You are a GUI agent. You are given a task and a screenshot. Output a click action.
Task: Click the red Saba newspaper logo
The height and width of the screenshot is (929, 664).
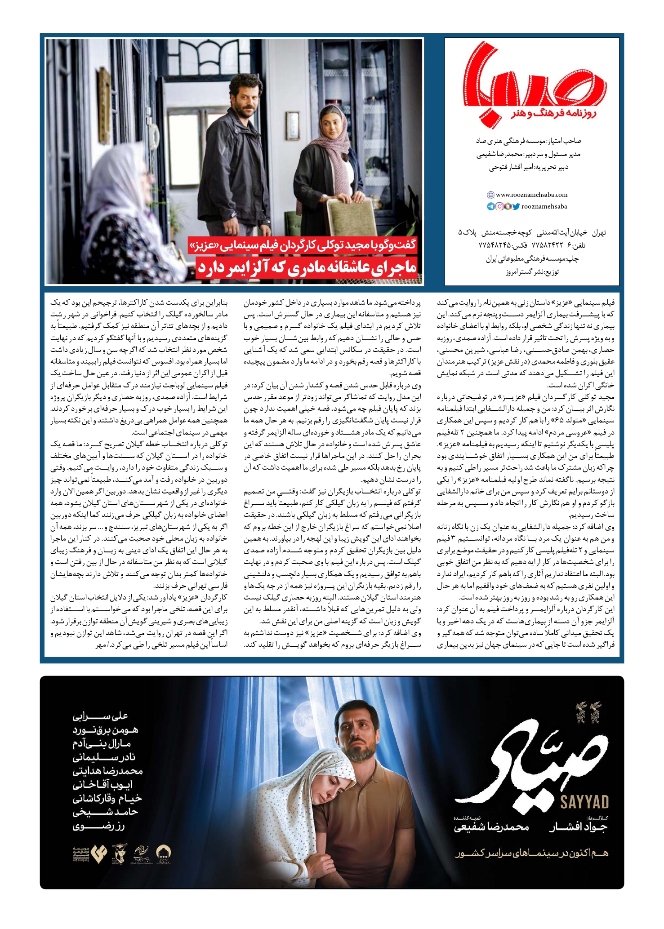pos(532,85)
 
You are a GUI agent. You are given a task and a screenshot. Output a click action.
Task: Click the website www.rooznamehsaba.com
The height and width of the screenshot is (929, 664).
pos(531,195)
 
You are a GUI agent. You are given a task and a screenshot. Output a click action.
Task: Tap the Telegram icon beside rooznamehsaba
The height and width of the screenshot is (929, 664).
pos(490,207)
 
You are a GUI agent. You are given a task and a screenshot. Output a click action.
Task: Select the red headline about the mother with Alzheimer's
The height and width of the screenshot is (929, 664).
pos(307,267)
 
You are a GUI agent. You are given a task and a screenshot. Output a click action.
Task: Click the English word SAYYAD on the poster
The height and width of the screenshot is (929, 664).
pos(584,801)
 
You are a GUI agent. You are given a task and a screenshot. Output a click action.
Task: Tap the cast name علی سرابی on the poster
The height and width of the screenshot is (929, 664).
pos(100,716)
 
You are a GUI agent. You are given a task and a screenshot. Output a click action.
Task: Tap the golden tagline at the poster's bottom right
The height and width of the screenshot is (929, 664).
pos(531,853)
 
